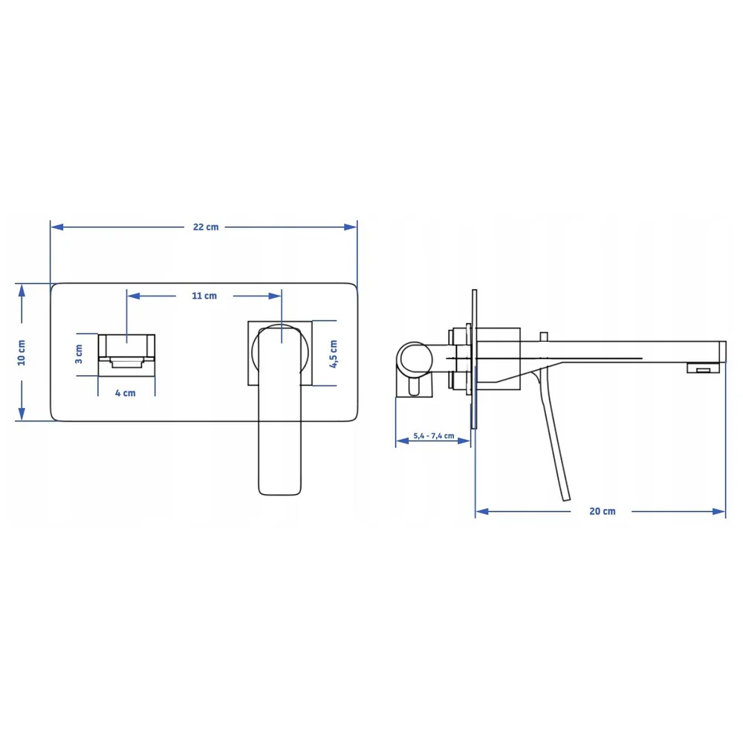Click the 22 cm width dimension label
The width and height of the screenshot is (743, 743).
tap(206, 227)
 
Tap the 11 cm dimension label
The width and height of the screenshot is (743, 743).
tap(204, 296)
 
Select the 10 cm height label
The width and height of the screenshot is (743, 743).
tap(22, 352)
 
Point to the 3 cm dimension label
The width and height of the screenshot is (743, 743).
tap(79, 354)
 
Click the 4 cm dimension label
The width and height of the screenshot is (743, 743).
tap(125, 393)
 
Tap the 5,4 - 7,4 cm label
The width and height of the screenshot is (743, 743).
tap(434, 435)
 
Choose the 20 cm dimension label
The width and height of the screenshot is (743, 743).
tap(603, 511)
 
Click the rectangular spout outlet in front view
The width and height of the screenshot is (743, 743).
tap(126, 355)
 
